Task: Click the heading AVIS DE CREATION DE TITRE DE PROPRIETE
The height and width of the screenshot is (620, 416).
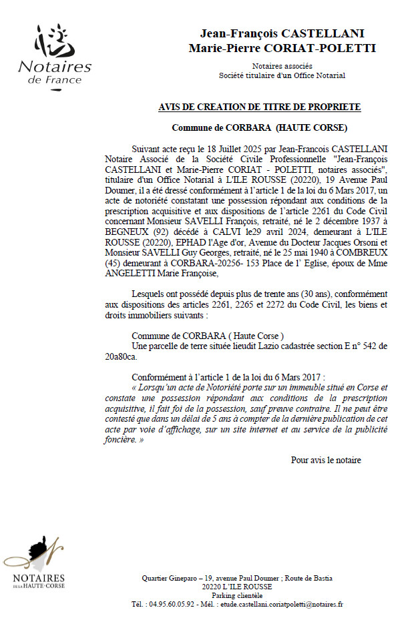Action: click(260, 107)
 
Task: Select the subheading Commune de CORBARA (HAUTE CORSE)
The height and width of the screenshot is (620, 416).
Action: click(260, 127)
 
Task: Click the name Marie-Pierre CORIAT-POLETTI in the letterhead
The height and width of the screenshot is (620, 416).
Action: click(282, 48)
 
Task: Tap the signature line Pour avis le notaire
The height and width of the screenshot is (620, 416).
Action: click(326, 460)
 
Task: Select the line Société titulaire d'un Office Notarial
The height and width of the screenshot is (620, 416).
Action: click(282, 75)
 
